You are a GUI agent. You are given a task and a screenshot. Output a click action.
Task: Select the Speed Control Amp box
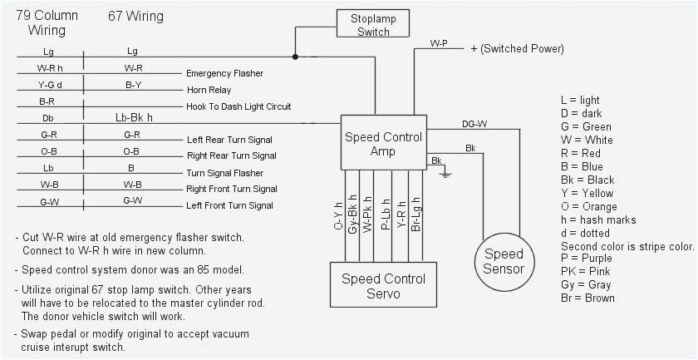click(x=383, y=144)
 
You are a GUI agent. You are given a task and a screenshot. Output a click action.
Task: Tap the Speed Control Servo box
click(x=383, y=286)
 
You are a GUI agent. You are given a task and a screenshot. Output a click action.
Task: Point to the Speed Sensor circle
click(x=504, y=261)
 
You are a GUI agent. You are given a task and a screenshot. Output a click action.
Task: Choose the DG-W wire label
click(x=474, y=124)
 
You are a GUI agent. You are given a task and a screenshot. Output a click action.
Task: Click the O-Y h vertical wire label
click(x=339, y=215)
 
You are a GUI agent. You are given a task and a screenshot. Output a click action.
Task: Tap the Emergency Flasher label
click(x=225, y=73)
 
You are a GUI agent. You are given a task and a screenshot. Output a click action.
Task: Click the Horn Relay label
click(x=209, y=90)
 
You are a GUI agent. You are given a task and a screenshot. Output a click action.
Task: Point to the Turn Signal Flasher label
click(x=225, y=173)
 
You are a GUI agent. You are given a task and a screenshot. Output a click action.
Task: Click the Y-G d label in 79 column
click(x=49, y=84)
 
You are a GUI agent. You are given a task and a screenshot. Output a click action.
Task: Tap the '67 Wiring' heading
click(x=135, y=17)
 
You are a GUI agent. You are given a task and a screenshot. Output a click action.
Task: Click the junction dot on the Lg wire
click(x=295, y=57)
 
